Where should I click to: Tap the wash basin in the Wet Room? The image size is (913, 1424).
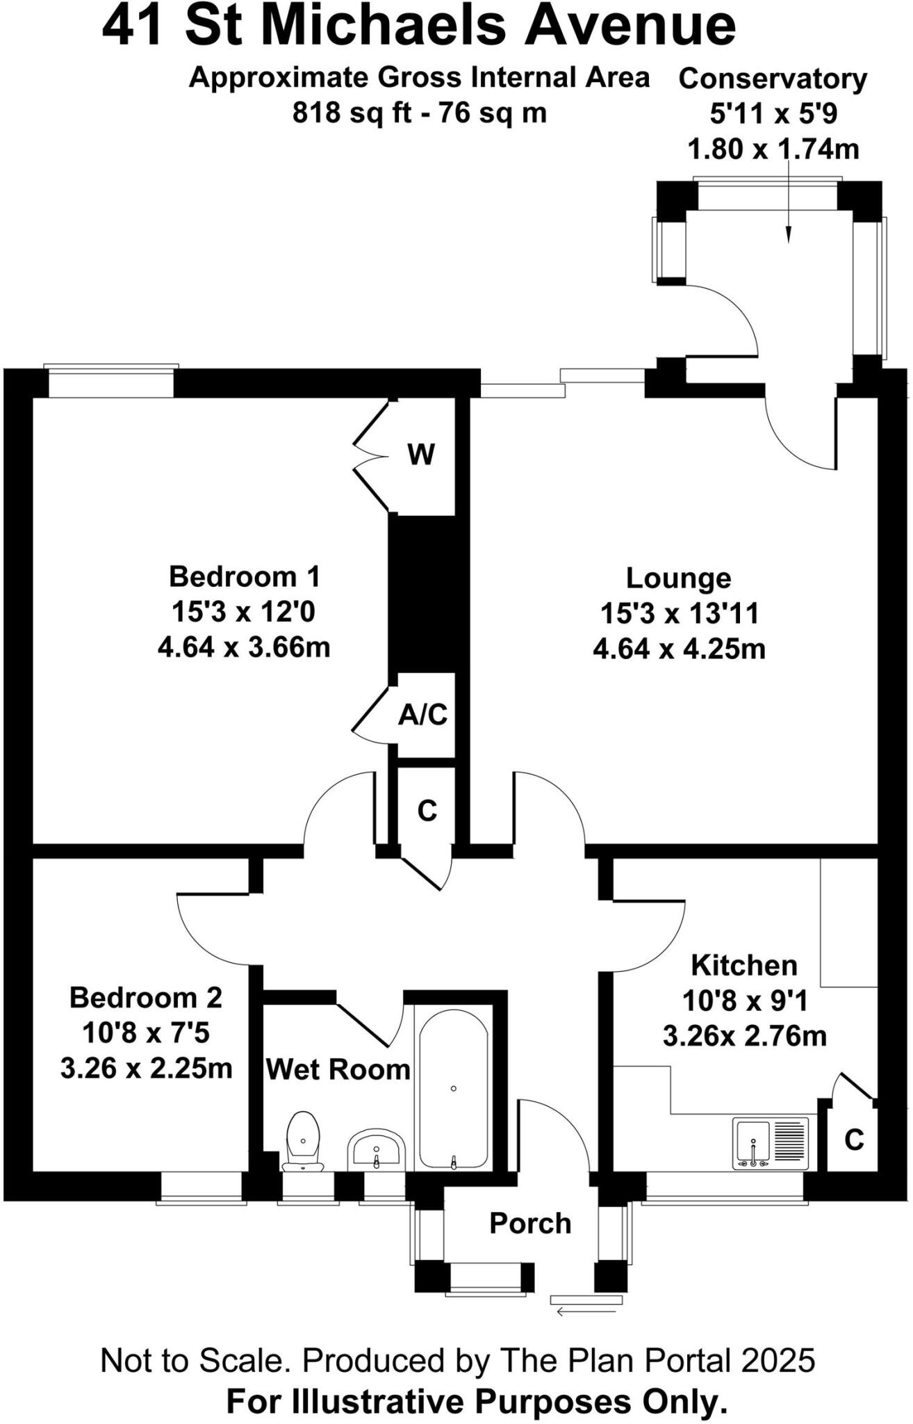[x=376, y=1147]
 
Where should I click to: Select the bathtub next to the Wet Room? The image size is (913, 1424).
[x=453, y=1090]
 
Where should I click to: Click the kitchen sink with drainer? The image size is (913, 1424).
[x=771, y=1142]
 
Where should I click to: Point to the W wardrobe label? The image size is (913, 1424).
[x=421, y=455]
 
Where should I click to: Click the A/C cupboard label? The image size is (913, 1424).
[x=423, y=715]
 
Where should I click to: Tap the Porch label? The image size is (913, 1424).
[x=530, y=1224]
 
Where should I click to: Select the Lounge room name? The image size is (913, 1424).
[x=678, y=578]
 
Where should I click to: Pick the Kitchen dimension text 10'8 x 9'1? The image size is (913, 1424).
[x=744, y=1001]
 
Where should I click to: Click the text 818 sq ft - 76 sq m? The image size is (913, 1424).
[x=420, y=113]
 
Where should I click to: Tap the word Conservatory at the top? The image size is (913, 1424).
[x=773, y=79]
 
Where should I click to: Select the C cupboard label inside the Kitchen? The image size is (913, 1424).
[x=854, y=1140]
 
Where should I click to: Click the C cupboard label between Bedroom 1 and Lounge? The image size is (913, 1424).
[x=427, y=811]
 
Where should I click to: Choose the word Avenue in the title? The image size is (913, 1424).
[x=630, y=26]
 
